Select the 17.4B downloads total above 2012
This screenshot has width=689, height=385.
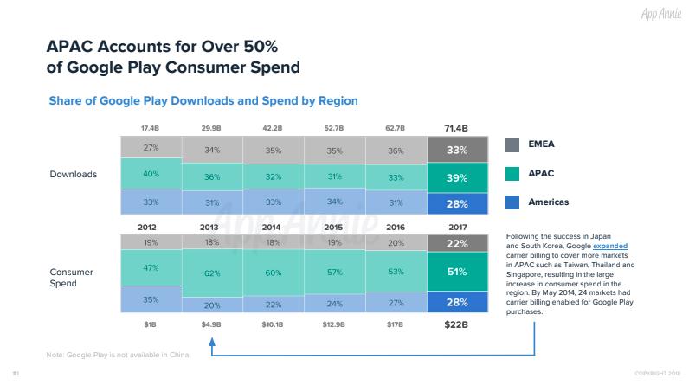point(151,128)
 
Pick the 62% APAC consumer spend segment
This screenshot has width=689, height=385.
point(212,273)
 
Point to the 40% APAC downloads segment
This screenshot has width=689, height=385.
point(151,174)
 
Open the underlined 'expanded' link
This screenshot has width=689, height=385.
point(609,246)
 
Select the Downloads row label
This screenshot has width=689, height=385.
point(72,175)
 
